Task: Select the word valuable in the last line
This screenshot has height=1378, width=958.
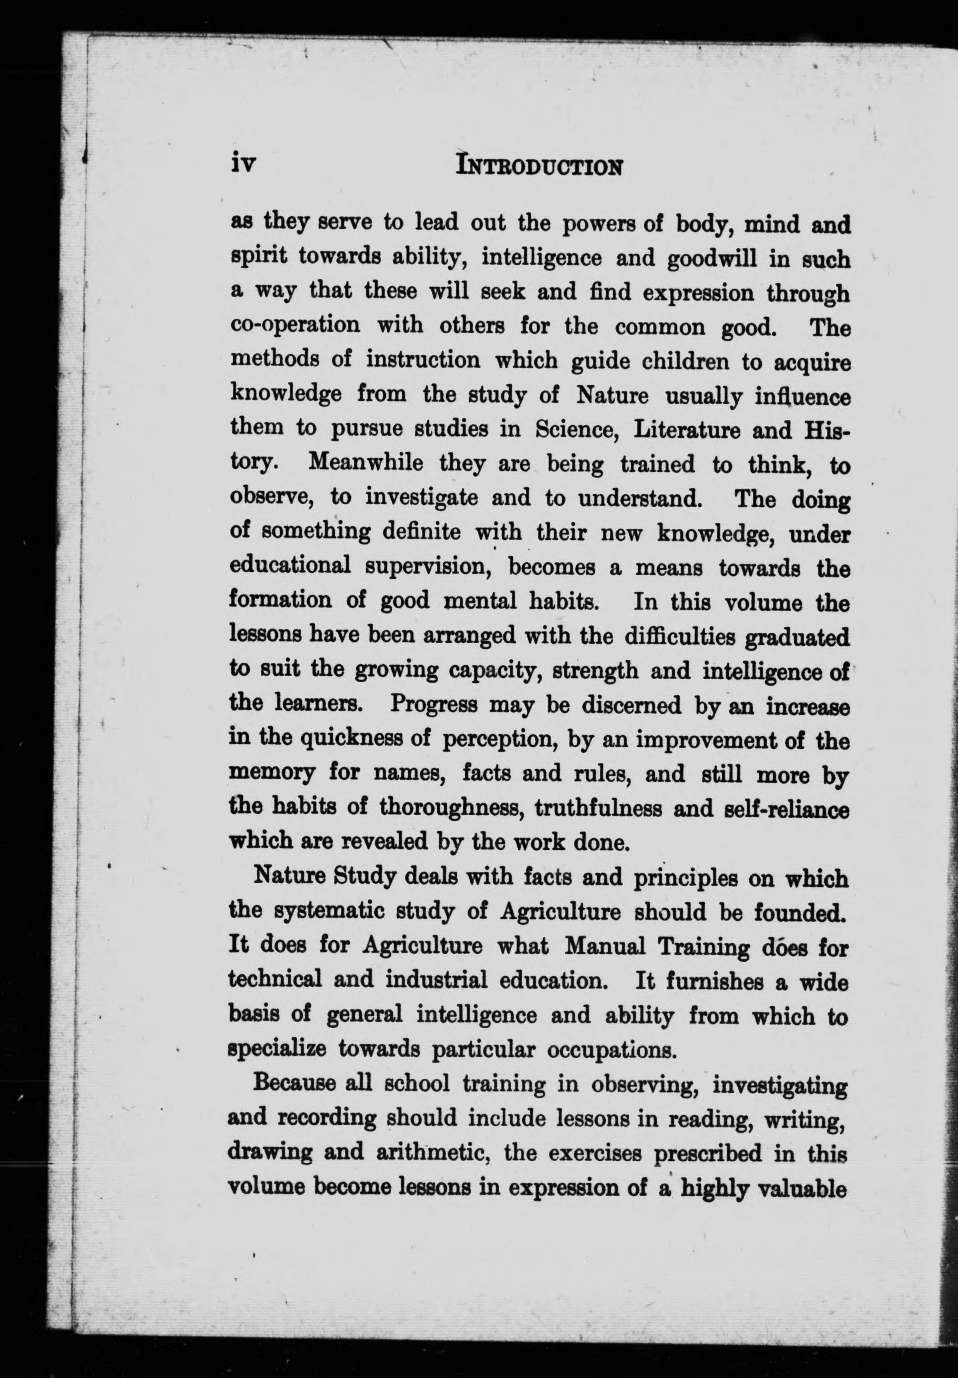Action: point(803,1187)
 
